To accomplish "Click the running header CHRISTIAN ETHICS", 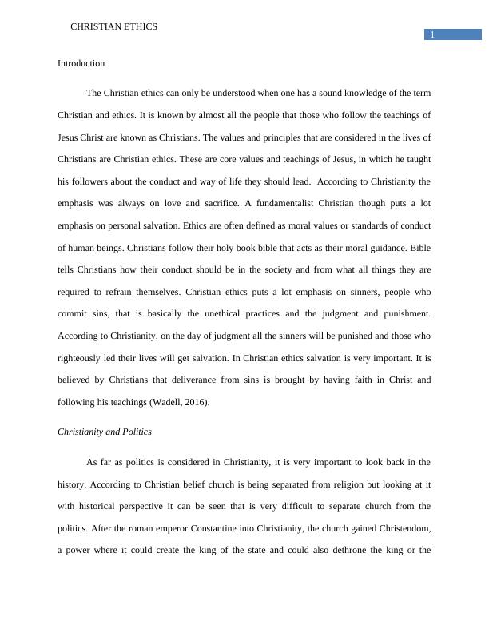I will [114, 26].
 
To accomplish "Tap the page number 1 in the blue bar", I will [432, 34].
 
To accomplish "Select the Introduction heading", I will [81, 63].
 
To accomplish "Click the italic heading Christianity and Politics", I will [105, 432].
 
